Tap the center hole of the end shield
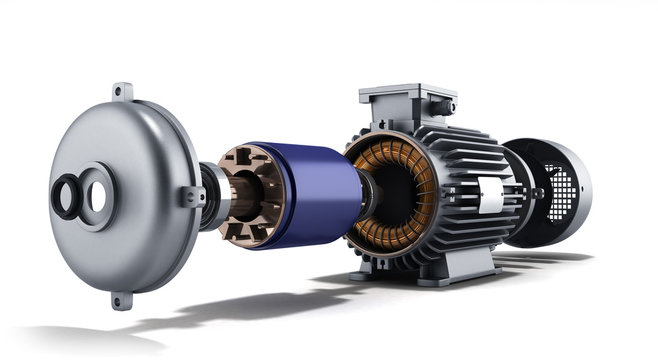click(x=98, y=196)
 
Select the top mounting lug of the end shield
click(x=122, y=91)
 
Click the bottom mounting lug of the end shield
click(x=120, y=299)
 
